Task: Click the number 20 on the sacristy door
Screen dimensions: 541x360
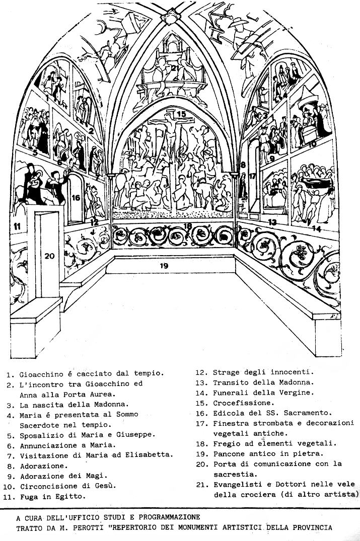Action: point(49,256)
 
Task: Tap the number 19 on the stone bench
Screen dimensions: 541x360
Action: point(164,266)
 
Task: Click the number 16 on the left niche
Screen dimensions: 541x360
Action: point(76,198)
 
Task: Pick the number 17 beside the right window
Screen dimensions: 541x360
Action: point(253,177)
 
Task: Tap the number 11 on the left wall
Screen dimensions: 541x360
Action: point(17,226)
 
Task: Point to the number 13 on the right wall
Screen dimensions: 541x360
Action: point(272,222)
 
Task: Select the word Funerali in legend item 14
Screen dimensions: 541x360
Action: point(231,393)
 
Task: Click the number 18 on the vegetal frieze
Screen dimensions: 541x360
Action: point(188,226)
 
